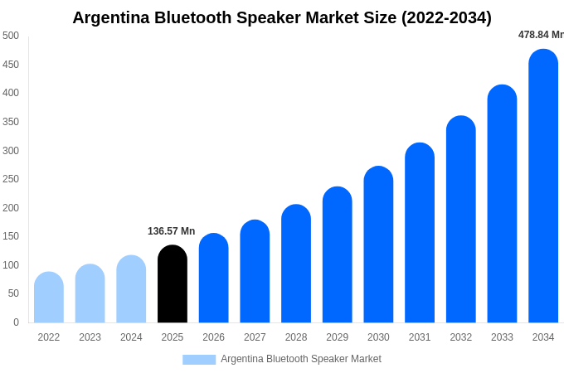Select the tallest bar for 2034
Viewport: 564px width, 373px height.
[543, 186]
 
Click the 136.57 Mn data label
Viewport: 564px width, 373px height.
[172, 231]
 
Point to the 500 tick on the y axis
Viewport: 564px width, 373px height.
[11, 36]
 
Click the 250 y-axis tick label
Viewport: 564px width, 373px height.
[11, 179]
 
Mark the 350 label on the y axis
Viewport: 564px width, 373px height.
[11, 122]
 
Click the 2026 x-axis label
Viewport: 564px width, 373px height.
[213, 337]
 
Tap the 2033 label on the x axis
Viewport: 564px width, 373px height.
[502, 337]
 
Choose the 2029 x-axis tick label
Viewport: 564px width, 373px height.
[338, 337]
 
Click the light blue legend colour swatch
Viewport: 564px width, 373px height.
[199, 360]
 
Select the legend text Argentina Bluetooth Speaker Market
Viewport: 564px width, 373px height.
[301, 359]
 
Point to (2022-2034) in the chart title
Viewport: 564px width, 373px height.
[446, 17]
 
